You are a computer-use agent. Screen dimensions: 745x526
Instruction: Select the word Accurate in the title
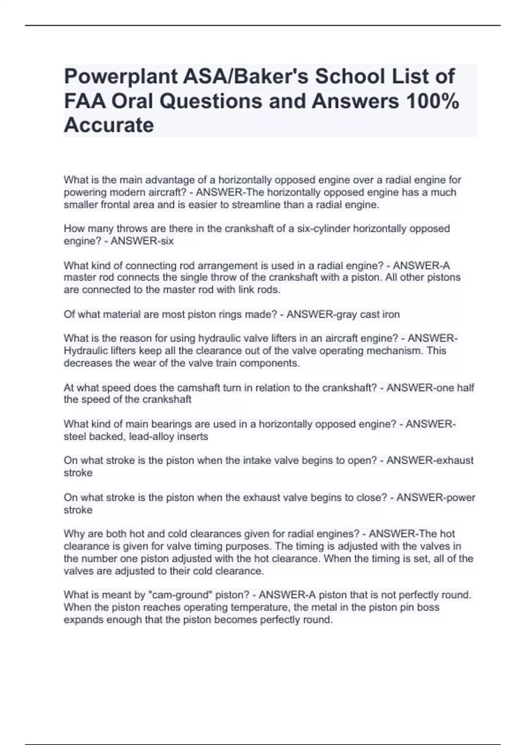pyautogui.click(x=109, y=125)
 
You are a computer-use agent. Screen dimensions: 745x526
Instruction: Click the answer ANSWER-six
pyautogui.click(x=142, y=241)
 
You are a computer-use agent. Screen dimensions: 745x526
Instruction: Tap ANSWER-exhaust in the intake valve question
pyautogui.click(x=430, y=460)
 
